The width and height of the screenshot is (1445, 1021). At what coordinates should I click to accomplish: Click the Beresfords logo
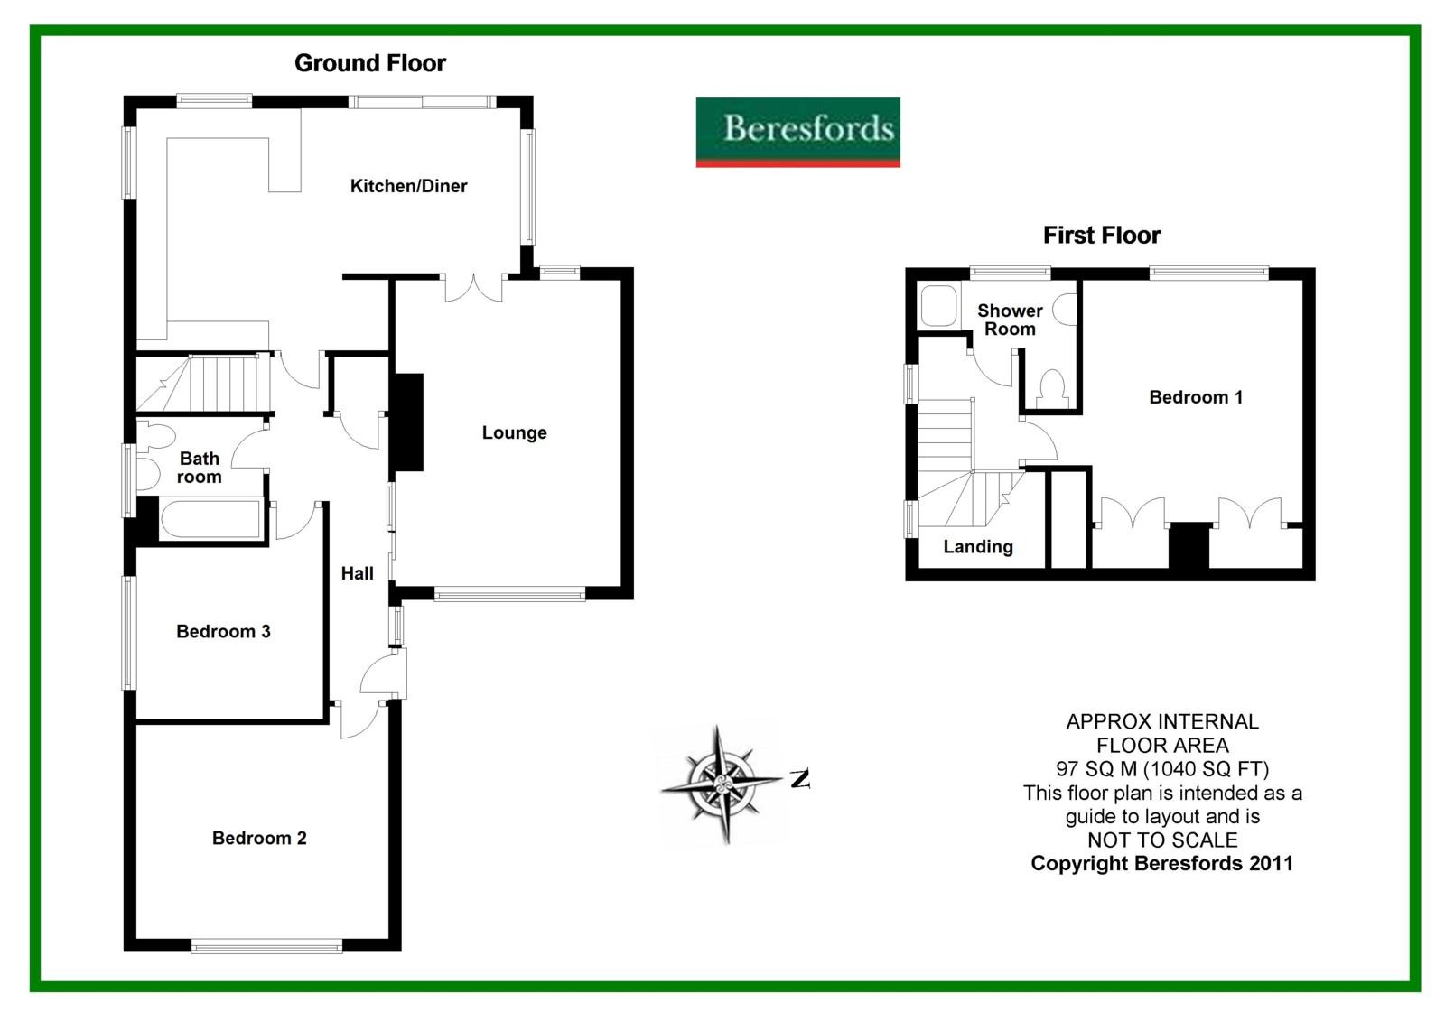(x=797, y=132)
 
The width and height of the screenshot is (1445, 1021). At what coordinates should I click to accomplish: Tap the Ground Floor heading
(x=370, y=63)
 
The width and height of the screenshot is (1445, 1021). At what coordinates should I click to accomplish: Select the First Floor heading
(x=1101, y=236)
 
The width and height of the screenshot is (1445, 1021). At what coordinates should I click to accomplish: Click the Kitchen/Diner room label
(x=408, y=186)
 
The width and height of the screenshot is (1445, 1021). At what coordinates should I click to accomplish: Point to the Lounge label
(x=514, y=432)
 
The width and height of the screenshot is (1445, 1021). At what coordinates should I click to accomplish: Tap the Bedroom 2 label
(x=259, y=838)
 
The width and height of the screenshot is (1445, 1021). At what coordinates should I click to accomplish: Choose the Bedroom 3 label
(x=223, y=631)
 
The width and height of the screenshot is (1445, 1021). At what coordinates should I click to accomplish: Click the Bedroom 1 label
(x=1196, y=397)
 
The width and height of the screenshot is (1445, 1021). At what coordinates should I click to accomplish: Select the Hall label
(x=357, y=573)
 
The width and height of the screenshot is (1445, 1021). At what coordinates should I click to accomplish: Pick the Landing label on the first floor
(x=978, y=547)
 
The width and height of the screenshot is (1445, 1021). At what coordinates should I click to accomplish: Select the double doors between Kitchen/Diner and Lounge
(x=473, y=286)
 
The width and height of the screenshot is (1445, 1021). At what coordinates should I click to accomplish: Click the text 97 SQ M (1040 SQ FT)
(x=1162, y=769)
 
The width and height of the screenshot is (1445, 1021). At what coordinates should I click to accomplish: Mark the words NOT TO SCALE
(x=1162, y=840)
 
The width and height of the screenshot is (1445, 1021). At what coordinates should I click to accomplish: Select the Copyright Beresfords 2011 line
(x=1162, y=863)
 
